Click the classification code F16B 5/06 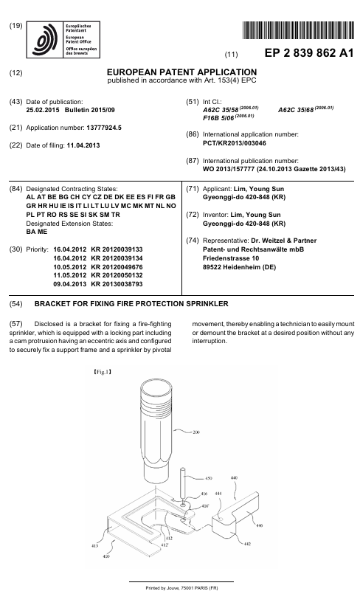pyautogui.click(x=201, y=117)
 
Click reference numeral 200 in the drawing pyautogui.click(x=196, y=432)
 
